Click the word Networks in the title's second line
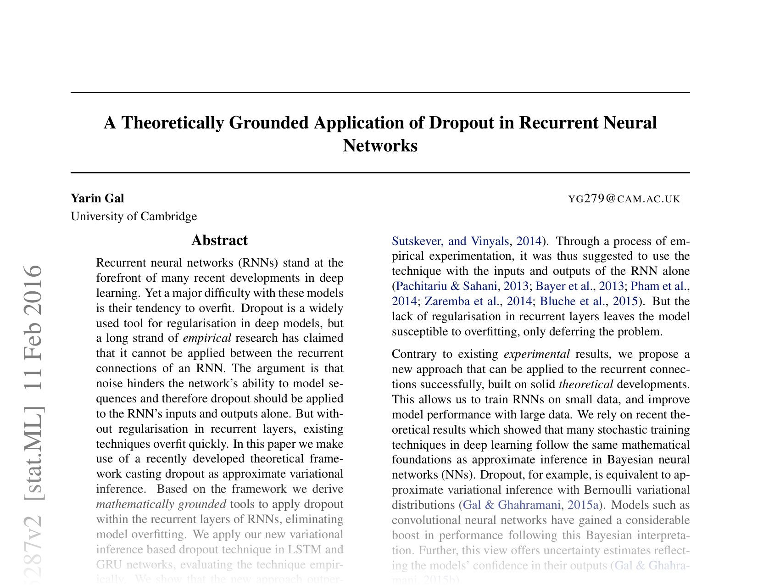click(x=380, y=146)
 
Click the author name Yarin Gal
click(x=97, y=198)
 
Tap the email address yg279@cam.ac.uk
click(x=624, y=199)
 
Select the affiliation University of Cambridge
click(x=134, y=216)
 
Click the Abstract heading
click(x=219, y=240)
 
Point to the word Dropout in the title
click(x=464, y=123)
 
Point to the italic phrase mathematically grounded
click(x=161, y=504)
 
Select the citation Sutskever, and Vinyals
click(x=451, y=241)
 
